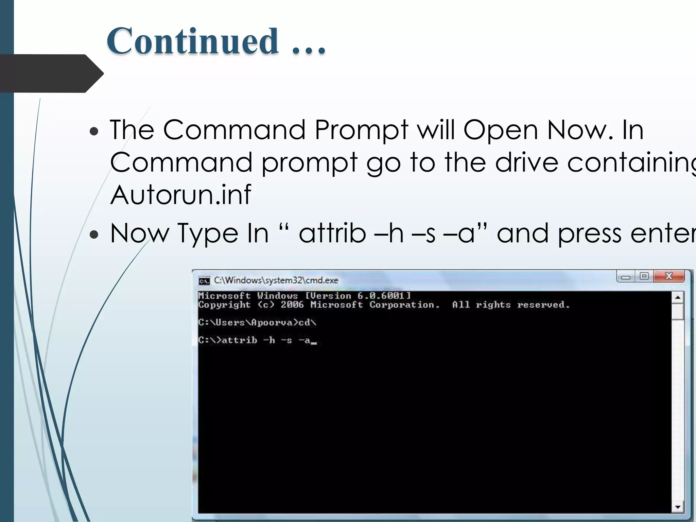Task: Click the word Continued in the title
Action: click(192, 41)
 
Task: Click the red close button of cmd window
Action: click(669, 276)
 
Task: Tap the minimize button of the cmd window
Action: click(626, 277)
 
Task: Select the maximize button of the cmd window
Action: click(644, 276)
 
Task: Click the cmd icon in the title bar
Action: click(204, 281)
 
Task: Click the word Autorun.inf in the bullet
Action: click(181, 195)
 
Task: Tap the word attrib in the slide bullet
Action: click(332, 233)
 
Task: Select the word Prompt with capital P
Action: click(361, 130)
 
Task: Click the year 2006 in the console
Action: click(292, 304)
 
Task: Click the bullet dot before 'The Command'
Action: click(94, 131)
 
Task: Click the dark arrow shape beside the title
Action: click(51, 73)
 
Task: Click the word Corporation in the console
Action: click(404, 304)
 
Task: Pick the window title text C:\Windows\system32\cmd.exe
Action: click(276, 280)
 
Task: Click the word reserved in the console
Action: click(543, 304)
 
